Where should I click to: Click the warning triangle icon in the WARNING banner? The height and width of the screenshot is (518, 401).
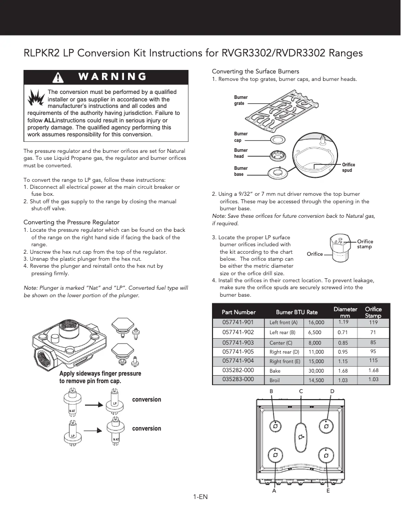(x=58, y=77)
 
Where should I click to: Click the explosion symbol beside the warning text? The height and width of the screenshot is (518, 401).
(x=35, y=98)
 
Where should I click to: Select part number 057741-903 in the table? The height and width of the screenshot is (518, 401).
(x=238, y=342)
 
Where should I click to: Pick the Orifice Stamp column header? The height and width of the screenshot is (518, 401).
(x=373, y=312)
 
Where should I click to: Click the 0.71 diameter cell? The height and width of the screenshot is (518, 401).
(x=342, y=332)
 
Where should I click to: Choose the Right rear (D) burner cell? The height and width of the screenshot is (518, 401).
(x=284, y=352)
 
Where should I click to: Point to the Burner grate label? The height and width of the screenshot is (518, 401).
(x=240, y=100)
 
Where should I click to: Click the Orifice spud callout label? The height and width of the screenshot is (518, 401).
(x=348, y=167)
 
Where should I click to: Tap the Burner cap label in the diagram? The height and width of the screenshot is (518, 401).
(x=240, y=137)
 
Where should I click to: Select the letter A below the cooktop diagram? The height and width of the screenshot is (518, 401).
(x=274, y=491)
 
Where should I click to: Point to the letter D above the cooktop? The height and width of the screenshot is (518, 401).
(x=332, y=391)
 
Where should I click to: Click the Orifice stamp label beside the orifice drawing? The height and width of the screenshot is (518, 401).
(x=365, y=244)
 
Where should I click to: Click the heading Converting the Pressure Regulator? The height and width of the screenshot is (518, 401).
(x=71, y=222)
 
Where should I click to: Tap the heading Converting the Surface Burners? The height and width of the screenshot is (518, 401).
(x=255, y=71)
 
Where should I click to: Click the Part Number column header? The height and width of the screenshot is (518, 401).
(x=238, y=312)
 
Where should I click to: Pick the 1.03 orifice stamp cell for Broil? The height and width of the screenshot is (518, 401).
(x=373, y=380)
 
